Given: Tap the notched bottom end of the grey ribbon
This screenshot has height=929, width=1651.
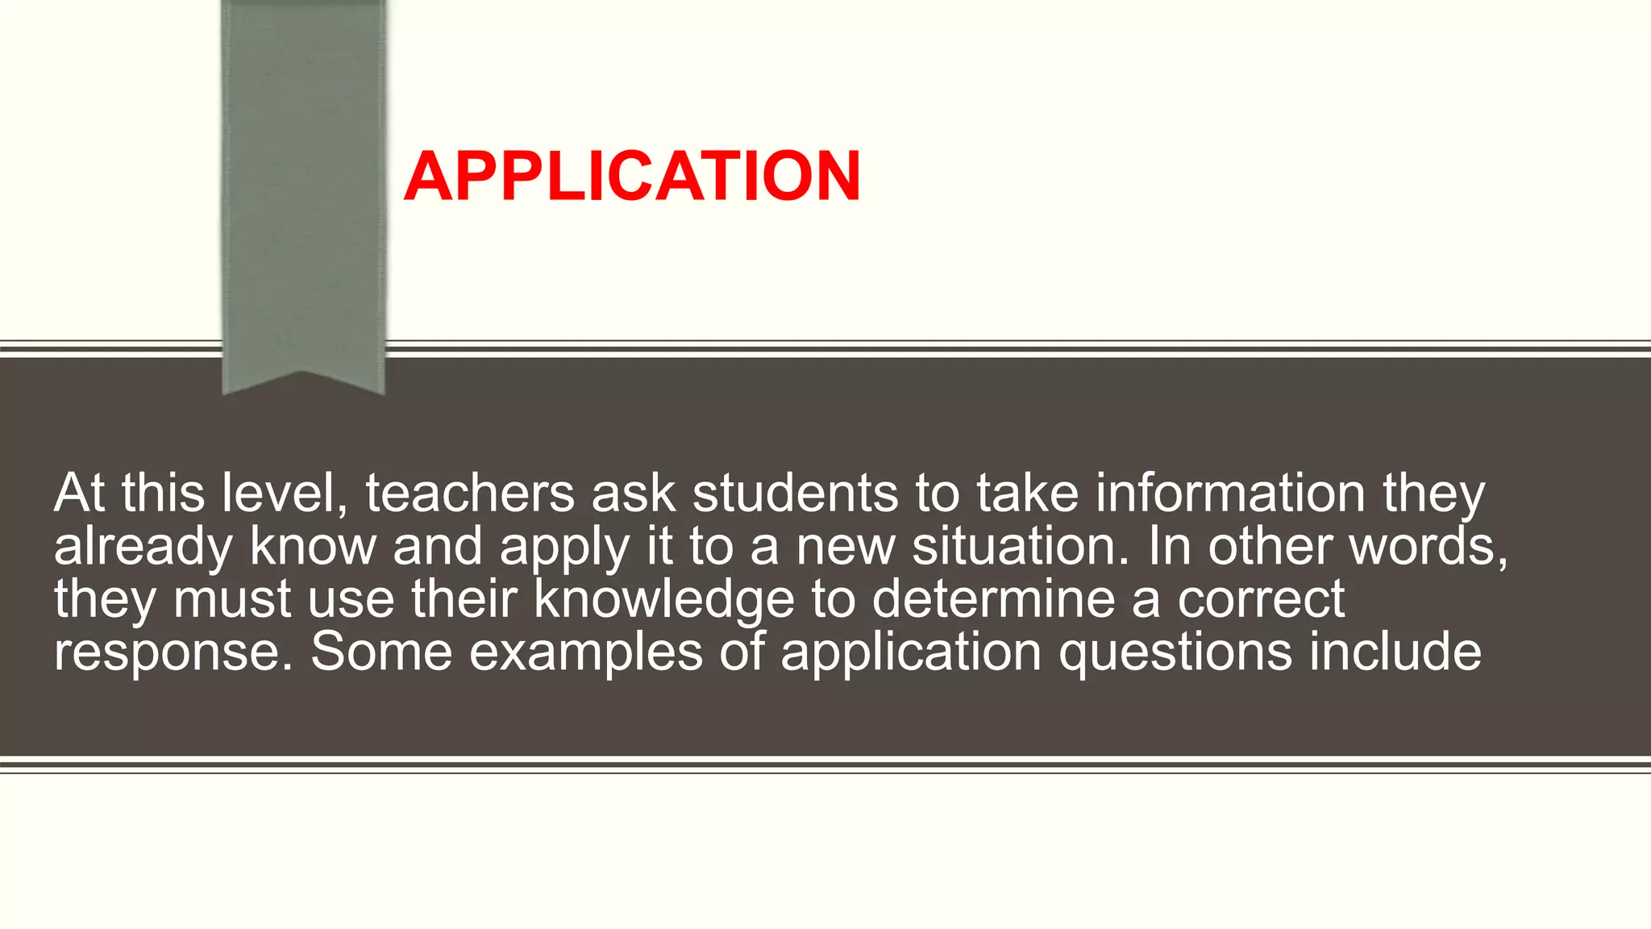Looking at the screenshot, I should pyautogui.click(x=303, y=379).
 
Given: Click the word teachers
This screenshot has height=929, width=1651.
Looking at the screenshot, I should pyautogui.click(x=470, y=493).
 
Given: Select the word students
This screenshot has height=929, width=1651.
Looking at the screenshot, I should pyautogui.click(x=795, y=493).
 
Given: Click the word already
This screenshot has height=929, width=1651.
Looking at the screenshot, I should pyautogui.click(x=143, y=547).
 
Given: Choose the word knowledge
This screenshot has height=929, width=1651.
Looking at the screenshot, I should pyautogui.click(x=664, y=600).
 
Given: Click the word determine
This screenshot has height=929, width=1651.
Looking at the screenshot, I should pyautogui.click(x=993, y=599).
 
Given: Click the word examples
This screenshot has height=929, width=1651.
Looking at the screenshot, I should pyautogui.click(x=586, y=652).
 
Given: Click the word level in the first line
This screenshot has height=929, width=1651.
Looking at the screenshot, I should pyautogui.click(x=285, y=493).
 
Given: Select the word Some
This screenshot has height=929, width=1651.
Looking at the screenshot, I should pyautogui.click(x=381, y=652).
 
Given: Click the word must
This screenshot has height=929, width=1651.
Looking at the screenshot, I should pyautogui.click(x=232, y=600).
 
